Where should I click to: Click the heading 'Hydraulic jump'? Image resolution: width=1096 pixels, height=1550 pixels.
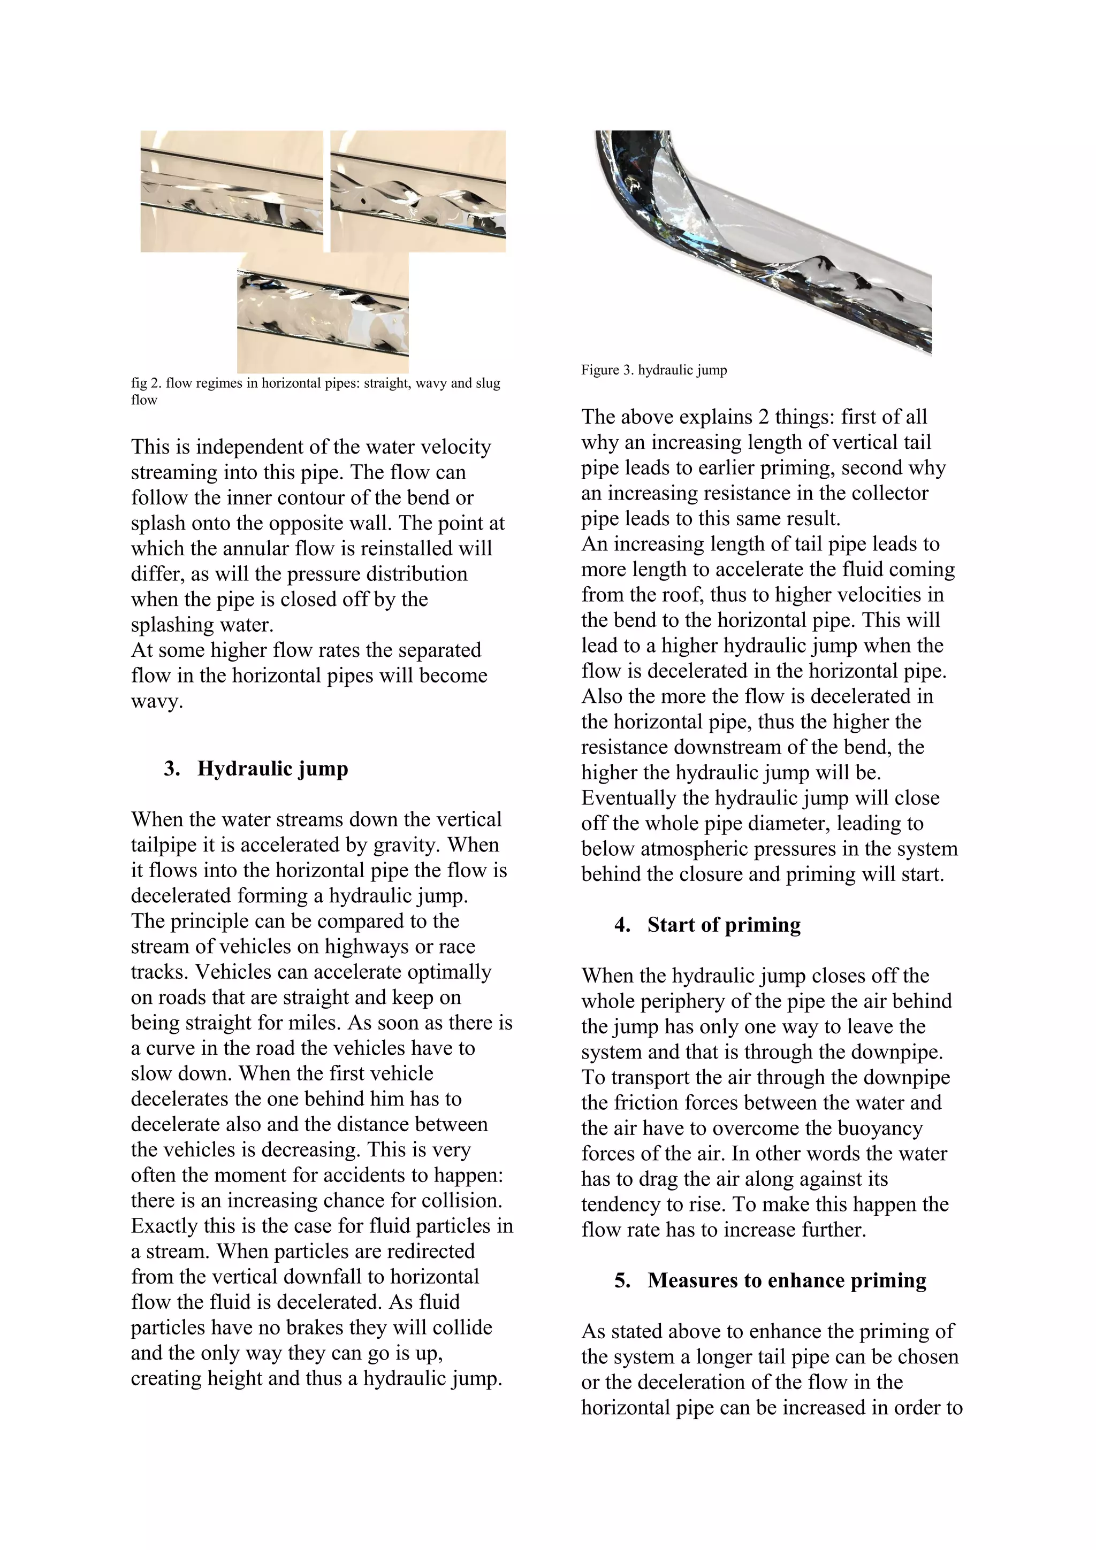272,769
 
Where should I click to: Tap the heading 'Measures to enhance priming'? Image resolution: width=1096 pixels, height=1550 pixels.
786,1280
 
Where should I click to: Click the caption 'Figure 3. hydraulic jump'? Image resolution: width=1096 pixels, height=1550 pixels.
653,370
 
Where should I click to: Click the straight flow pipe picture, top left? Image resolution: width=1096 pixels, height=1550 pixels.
231,191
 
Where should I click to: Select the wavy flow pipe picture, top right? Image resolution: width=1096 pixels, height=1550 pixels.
417,191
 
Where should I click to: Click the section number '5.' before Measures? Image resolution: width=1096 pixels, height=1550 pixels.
622,1280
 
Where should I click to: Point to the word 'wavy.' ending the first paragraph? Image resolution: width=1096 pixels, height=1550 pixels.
157,701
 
